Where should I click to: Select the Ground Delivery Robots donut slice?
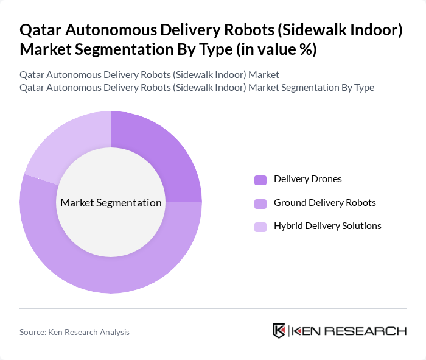click(x=122, y=268)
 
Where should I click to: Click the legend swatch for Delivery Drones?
click(x=260, y=180)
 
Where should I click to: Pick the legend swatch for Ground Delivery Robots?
click(x=260, y=203)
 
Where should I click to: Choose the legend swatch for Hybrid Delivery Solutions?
click(x=260, y=227)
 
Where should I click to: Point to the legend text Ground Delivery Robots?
click(x=324, y=202)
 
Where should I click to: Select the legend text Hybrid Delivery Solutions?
click(x=327, y=226)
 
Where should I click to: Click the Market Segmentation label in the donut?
click(x=111, y=203)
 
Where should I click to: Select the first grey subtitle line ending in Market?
click(x=149, y=75)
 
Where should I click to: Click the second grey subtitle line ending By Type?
click(x=197, y=88)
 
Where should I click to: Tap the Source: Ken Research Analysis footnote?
click(x=74, y=332)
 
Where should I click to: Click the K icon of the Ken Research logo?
click(x=279, y=331)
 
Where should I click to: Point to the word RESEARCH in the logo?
click(x=372, y=331)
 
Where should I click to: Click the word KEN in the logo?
click(x=308, y=331)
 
